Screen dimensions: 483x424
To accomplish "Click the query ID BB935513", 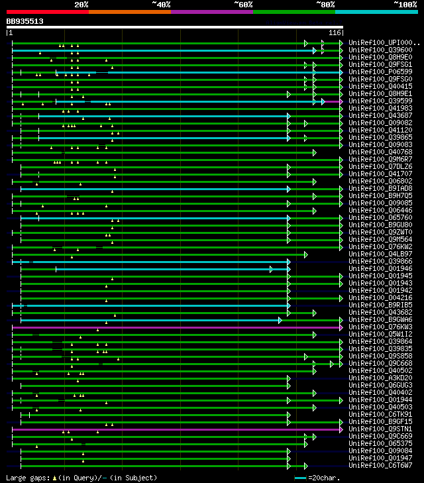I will point(25,21).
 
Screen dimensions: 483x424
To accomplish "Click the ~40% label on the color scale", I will point(162,4).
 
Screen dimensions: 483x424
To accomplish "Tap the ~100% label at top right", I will point(405,4).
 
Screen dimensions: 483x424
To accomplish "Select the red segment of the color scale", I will point(47,11).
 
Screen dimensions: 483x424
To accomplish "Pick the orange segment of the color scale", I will point(129,11).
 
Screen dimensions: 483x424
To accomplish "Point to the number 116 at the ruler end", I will point(335,32).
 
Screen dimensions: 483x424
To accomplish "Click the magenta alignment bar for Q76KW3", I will point(172,327).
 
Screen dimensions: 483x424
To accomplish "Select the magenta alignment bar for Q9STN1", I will point(172,429).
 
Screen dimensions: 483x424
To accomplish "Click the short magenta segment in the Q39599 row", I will point(331,101).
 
